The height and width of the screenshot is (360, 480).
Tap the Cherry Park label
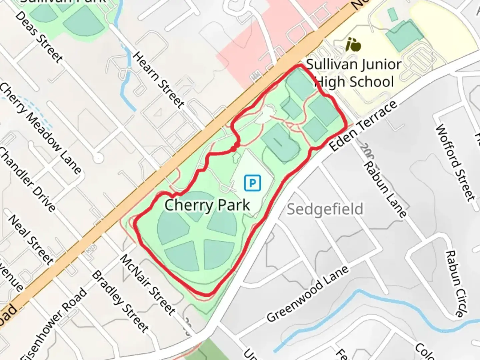[x=207, y=205]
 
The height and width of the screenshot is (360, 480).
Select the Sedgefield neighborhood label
[x=325, y=209]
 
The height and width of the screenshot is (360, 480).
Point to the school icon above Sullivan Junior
[x=353, y=45]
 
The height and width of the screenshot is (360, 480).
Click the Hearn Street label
[x=159, y=80]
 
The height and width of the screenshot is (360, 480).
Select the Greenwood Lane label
[x=307, y=294]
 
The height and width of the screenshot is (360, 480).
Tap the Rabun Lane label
[x=385, y=189]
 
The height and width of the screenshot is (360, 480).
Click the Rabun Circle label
[x=455, y=283]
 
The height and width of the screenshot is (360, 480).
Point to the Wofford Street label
[x=455, y=162]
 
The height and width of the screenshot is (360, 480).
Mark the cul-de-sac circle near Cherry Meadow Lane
[x=98, y=158]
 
